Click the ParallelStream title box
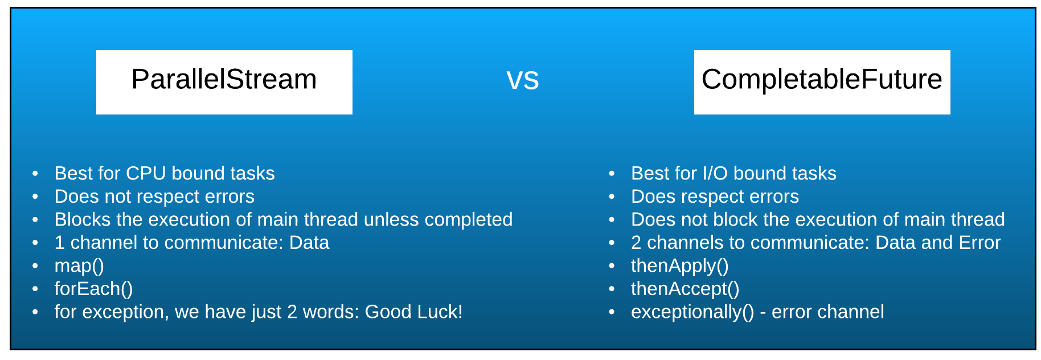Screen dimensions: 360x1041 [224, 82]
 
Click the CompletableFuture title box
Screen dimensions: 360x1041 [822, 82]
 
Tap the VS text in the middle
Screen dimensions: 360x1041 [523, 80]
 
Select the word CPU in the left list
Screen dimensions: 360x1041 [146, 173]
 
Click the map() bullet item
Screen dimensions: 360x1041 [79, 266]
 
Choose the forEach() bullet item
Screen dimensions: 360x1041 [93, 289]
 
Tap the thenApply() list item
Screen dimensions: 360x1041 [679, 266]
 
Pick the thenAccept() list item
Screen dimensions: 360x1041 [685, 289]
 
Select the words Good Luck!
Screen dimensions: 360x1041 [413, 312]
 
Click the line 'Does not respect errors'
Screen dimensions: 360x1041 [154, 197]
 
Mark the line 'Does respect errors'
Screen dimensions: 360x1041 [715, 197]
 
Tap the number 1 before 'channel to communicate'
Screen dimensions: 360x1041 [59, 243]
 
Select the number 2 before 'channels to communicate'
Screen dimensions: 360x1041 [636, 243]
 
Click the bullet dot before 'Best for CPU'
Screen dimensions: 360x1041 [35, 173]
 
